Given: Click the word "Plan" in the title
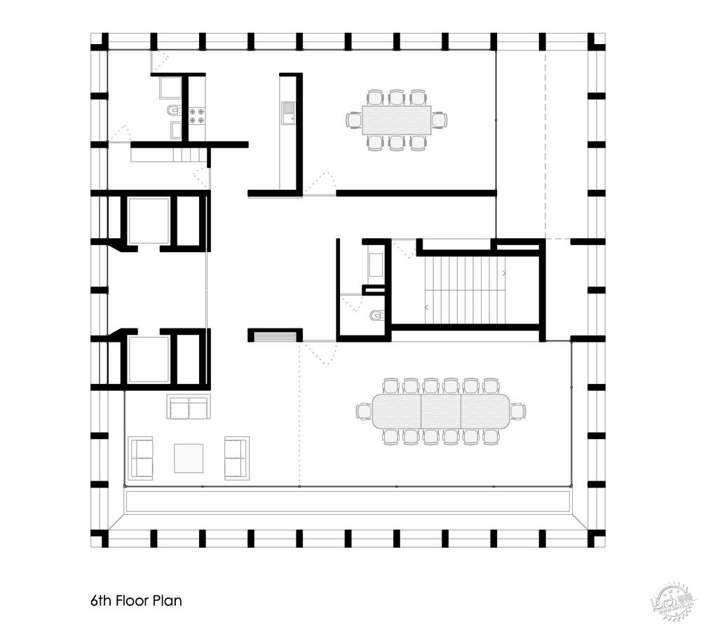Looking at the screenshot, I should pos(169,601).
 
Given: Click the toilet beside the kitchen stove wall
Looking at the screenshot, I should pos(172,111).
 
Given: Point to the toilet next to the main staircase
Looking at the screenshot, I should pos(378,316).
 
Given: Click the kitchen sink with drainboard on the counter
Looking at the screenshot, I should pos(288,113).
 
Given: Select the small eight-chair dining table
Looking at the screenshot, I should pos(396,120).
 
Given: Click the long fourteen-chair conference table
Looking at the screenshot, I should pos(441,411).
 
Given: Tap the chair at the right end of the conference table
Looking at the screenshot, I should pos(518,411).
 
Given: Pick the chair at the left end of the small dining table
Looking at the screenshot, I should pos(353,120).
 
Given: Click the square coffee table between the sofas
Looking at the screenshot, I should pos(189,458).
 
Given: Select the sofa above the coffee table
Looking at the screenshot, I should pos(189,407).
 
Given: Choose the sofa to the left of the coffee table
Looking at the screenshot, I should pos(141,458).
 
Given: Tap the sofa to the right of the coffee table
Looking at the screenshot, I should pos(236,458).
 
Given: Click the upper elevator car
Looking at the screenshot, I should pos(149,220).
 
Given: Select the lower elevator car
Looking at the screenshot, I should pos(149,359).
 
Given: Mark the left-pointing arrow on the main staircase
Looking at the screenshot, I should pos(426,307).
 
